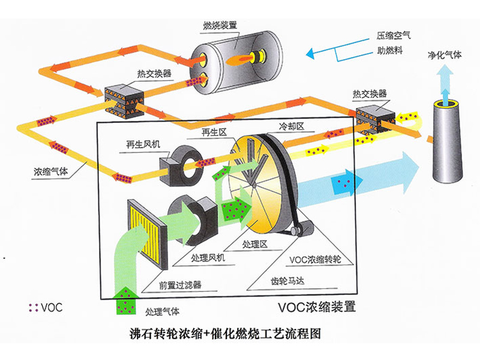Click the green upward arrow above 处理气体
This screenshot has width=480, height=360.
128,299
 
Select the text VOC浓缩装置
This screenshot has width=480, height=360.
317,308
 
